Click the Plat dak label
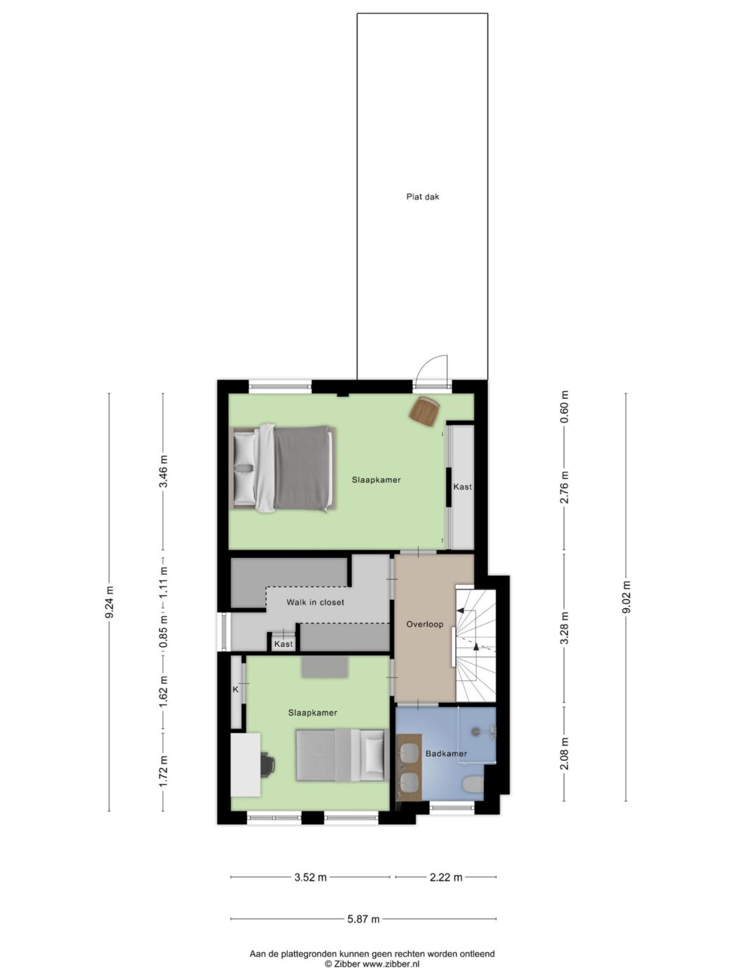coord(422,197)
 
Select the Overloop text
coord(424,624)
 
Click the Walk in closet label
coord(315,602)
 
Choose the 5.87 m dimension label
coord(363,919)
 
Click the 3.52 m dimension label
coord(310,877)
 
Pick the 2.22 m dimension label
coord(446,877)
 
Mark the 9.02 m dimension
coord(626,597)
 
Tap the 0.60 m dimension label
coord(565,407)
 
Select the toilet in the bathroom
coord(472,784)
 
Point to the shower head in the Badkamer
coord(477,731)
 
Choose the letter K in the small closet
coord(236,689)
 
